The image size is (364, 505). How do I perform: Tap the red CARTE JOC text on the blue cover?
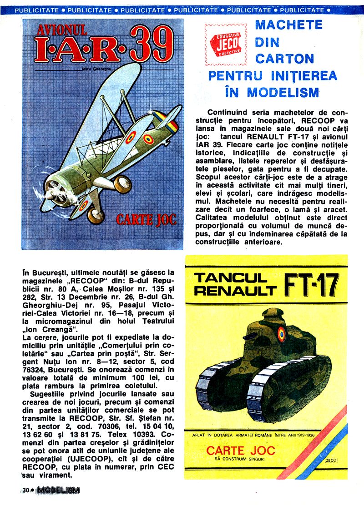(146, 219)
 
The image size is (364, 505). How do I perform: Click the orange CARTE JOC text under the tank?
(241, 451)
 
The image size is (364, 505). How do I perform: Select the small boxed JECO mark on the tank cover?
(332, 460)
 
